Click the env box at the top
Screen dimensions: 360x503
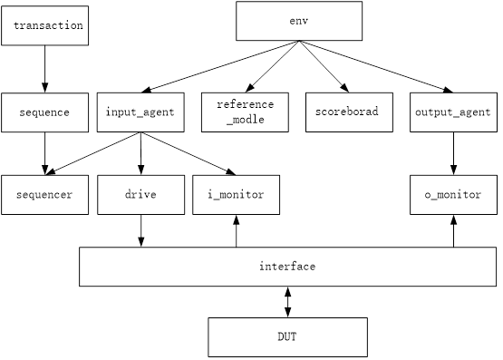pyautogui.click(x=299, y=21)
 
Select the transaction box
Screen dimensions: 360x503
pyautogui.click(x=44, y=25)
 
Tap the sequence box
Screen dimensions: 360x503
pyautogui.click(x=44, y=112)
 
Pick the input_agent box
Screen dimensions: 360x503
pyautogui.click(x=140, y=112)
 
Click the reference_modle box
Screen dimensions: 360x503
pyautogui.click(x=245, y=112)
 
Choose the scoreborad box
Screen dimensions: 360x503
pyautogui.click(x=347, y=112)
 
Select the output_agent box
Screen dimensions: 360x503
pyautogui.click(x=453, y=112)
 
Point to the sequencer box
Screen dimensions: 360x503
pyautogui.click(x=44, y=195)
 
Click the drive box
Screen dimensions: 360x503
pyautogui.click(x=140, y=195)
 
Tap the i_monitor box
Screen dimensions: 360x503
pyautogui.click(x=237, y=195)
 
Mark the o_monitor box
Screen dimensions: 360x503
pyautogui.click(x=453, y=195)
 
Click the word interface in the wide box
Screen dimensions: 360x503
pyautogui.click(x=287, y=267)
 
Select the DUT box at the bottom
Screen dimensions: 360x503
pyautogui.click(x=287, y=337)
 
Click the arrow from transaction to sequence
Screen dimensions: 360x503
pyautogui.click(x=44, y=69)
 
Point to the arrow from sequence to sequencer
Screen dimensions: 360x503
pyautogui.click(x=44, y=153)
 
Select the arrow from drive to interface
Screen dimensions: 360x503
pyautogui.click(x=140, y=230)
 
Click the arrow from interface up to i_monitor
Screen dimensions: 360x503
pyautogui.click(x=237, y=230)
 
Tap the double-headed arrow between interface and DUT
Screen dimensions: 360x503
pyautogui.click(x=287, y=302)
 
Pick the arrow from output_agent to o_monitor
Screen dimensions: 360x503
pyautogui.click(x=453, y=153)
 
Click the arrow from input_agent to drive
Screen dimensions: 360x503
pyautogui.click(x=140, y=154)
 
